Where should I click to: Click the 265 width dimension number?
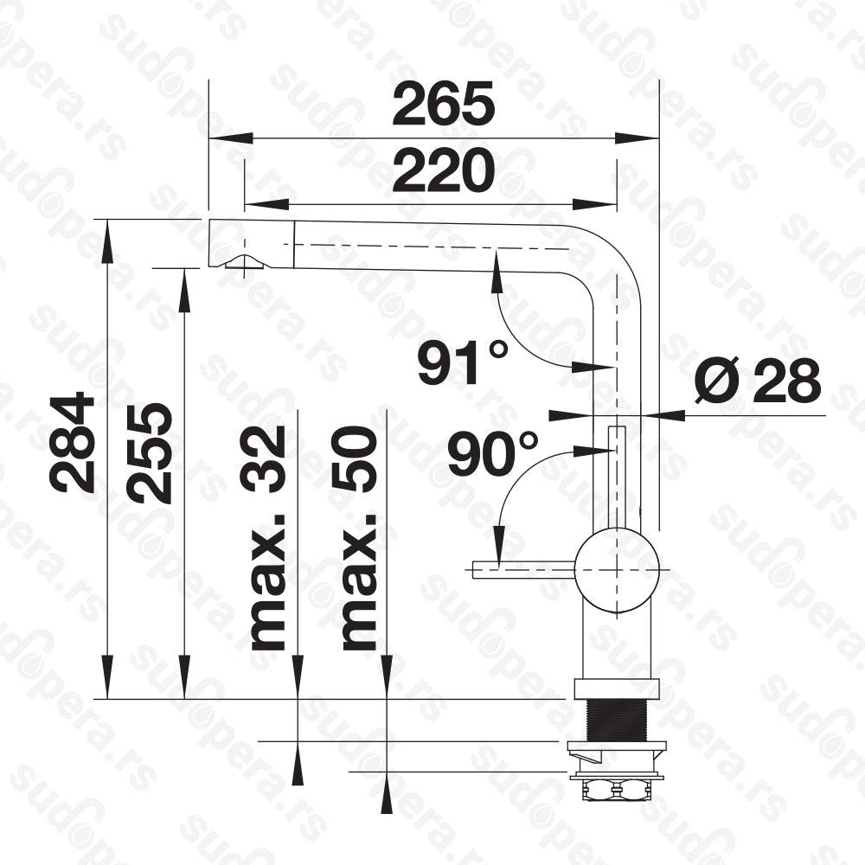click(x=444, y=105)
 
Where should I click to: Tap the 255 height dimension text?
click(x=148, y=452)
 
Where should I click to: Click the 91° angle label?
click(x=462, y=362)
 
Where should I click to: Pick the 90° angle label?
click(x=492, y=453)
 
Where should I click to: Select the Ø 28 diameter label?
click(x=758, y=381)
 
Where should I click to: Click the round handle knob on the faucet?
click(x=617, y=569)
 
